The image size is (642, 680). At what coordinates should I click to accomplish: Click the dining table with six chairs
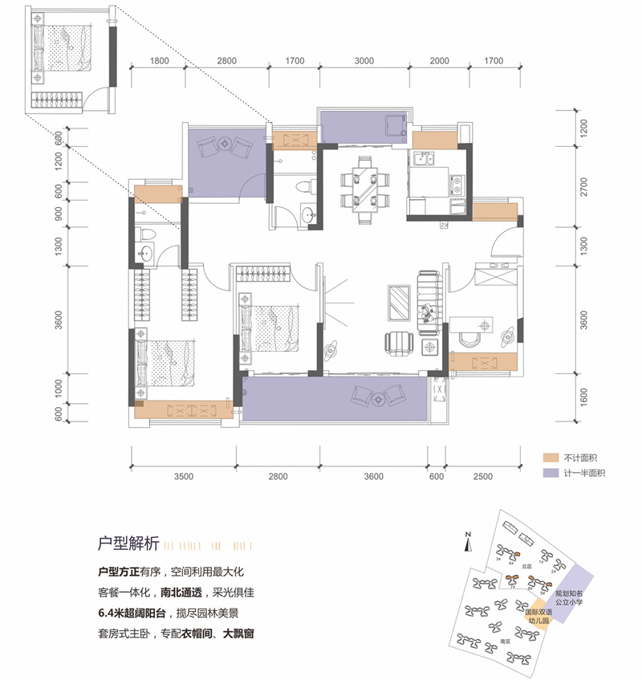click(362, 190)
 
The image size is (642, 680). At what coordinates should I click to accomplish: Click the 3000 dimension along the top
click(364, 60)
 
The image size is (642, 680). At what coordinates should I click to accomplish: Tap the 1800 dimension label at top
click(160, 60)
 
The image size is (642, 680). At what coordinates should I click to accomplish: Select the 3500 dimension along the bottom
click(184, 477)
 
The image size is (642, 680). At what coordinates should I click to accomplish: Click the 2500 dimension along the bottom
click(481, 477)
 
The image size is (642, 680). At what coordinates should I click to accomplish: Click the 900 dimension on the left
click(59, 215)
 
